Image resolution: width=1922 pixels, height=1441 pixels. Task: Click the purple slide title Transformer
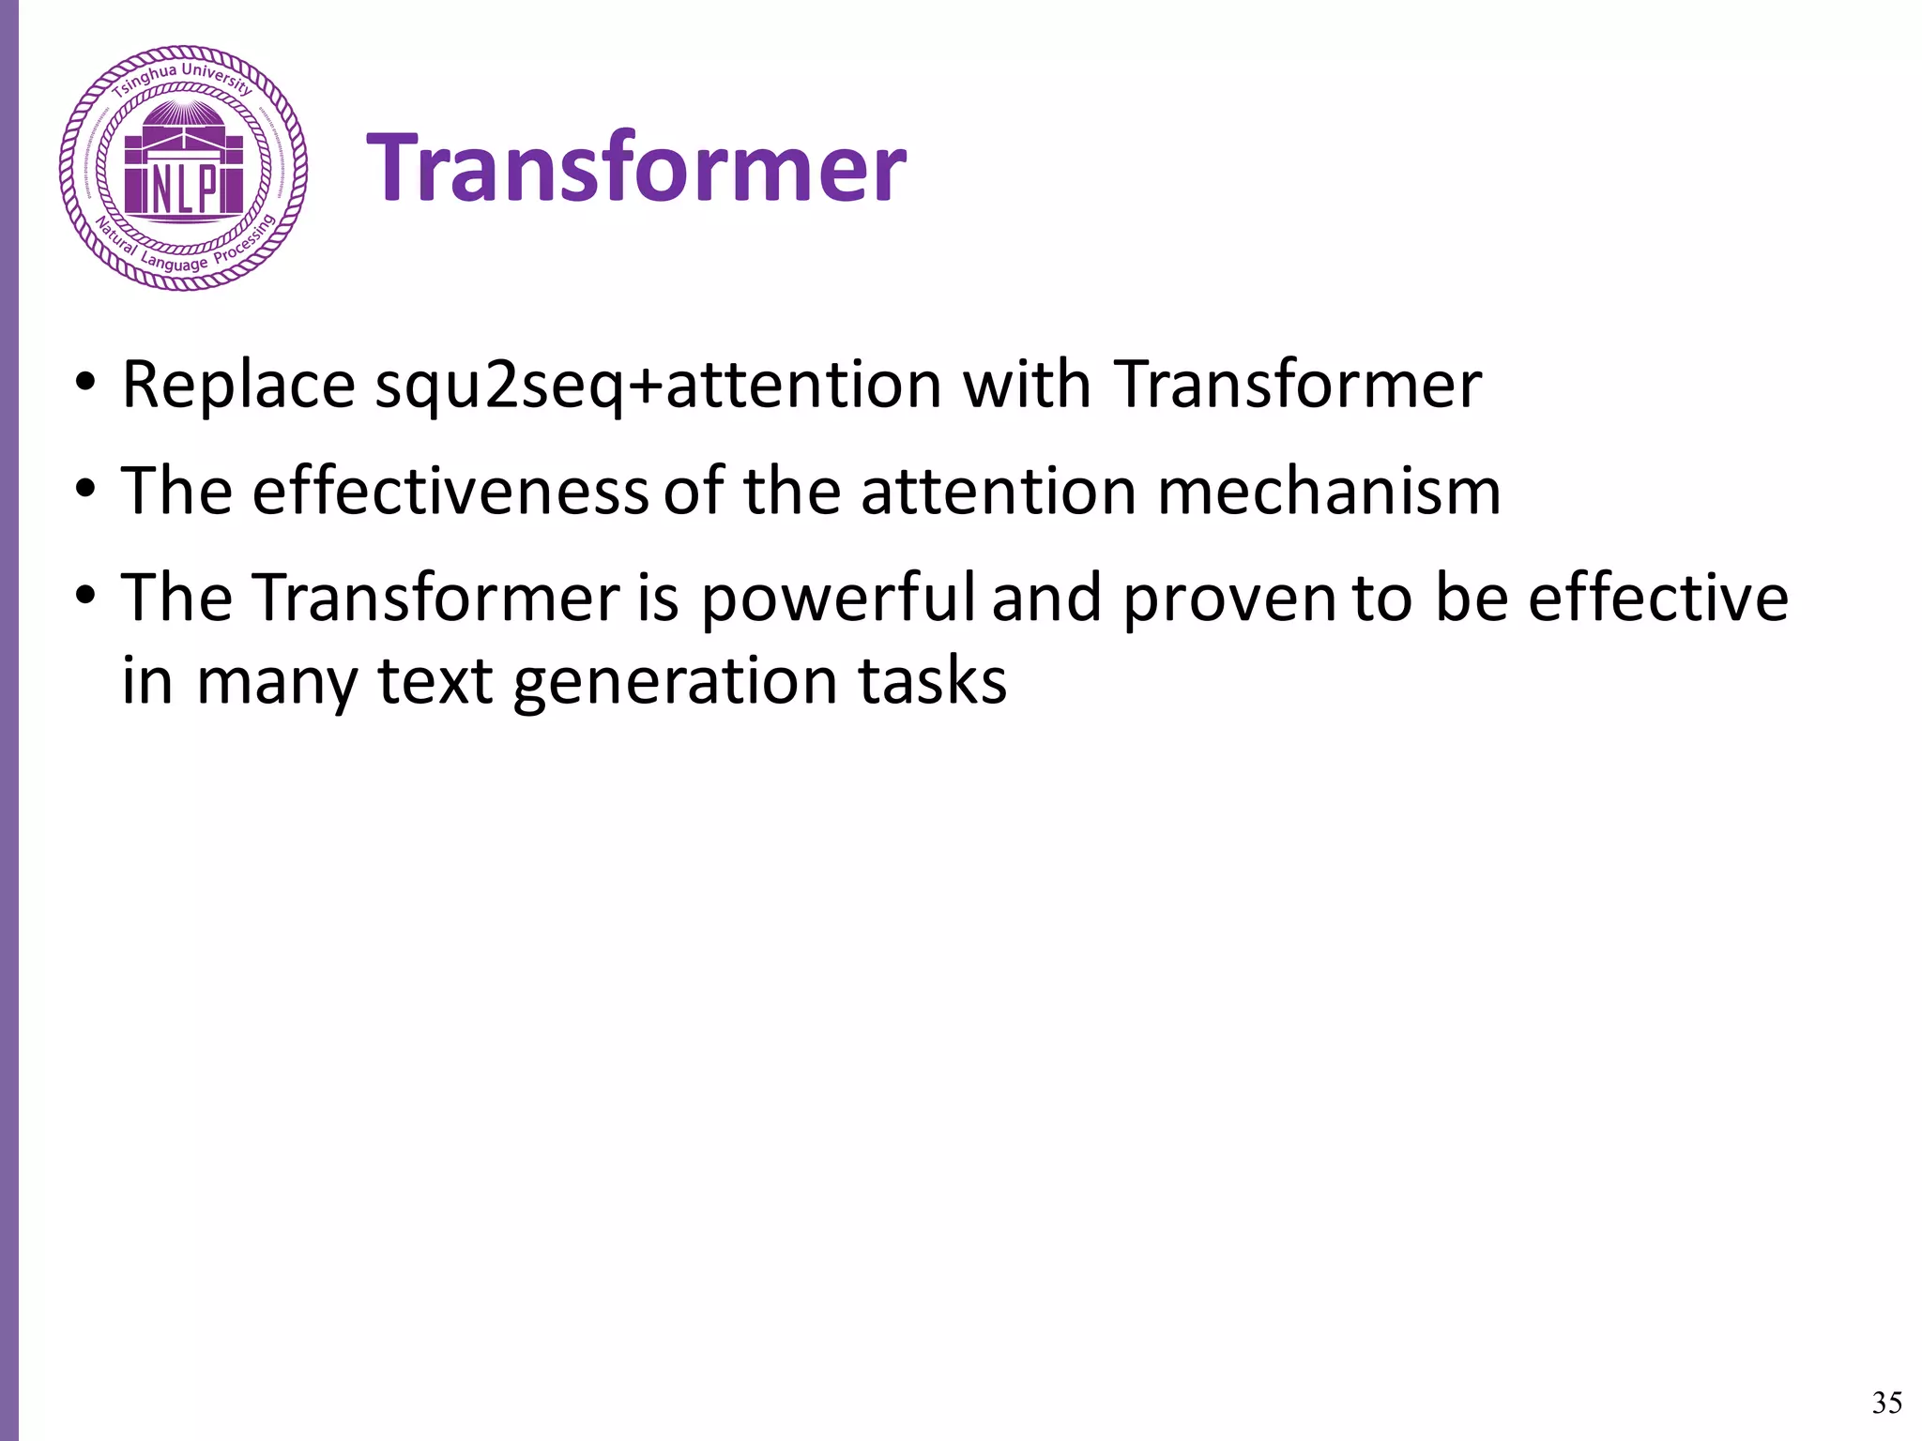pos(635,169)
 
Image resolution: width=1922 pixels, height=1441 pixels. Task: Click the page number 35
pos(1886,1403)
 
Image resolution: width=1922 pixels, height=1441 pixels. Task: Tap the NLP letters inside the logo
pos(184,190)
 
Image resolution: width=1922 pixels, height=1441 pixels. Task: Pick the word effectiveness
pos(450,491)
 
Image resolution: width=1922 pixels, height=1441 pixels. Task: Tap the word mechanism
pos(1328,491)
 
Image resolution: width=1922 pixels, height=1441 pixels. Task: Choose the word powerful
pos(838,598)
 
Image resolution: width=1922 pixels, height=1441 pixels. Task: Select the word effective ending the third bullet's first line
pos(1658,598)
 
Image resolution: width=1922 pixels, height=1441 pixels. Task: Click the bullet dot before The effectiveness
pos(86,491)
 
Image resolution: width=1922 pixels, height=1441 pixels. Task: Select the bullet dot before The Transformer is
pos(86,598)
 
